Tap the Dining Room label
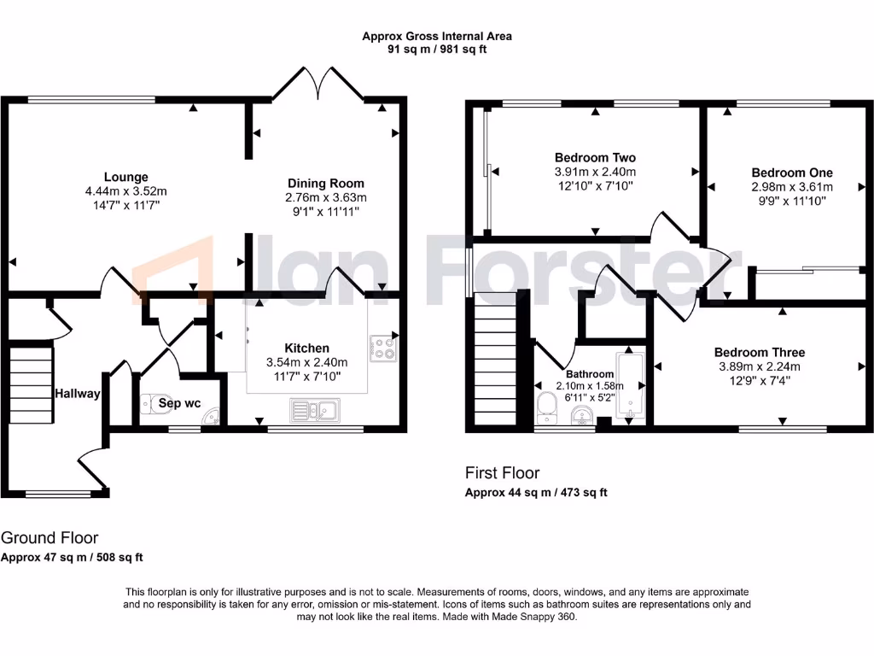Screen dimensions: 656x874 (325, 184)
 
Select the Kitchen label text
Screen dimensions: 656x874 (306, 348)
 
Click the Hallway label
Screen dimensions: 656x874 (78, 394)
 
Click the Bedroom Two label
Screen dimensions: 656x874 (595, 158)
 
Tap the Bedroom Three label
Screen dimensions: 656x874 (759, 352)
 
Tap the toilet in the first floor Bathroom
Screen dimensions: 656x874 (548, 408)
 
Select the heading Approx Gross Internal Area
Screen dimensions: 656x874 (436, 36)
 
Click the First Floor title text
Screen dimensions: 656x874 (502, 472)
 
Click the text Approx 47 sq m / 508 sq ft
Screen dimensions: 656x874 (72, 557)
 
